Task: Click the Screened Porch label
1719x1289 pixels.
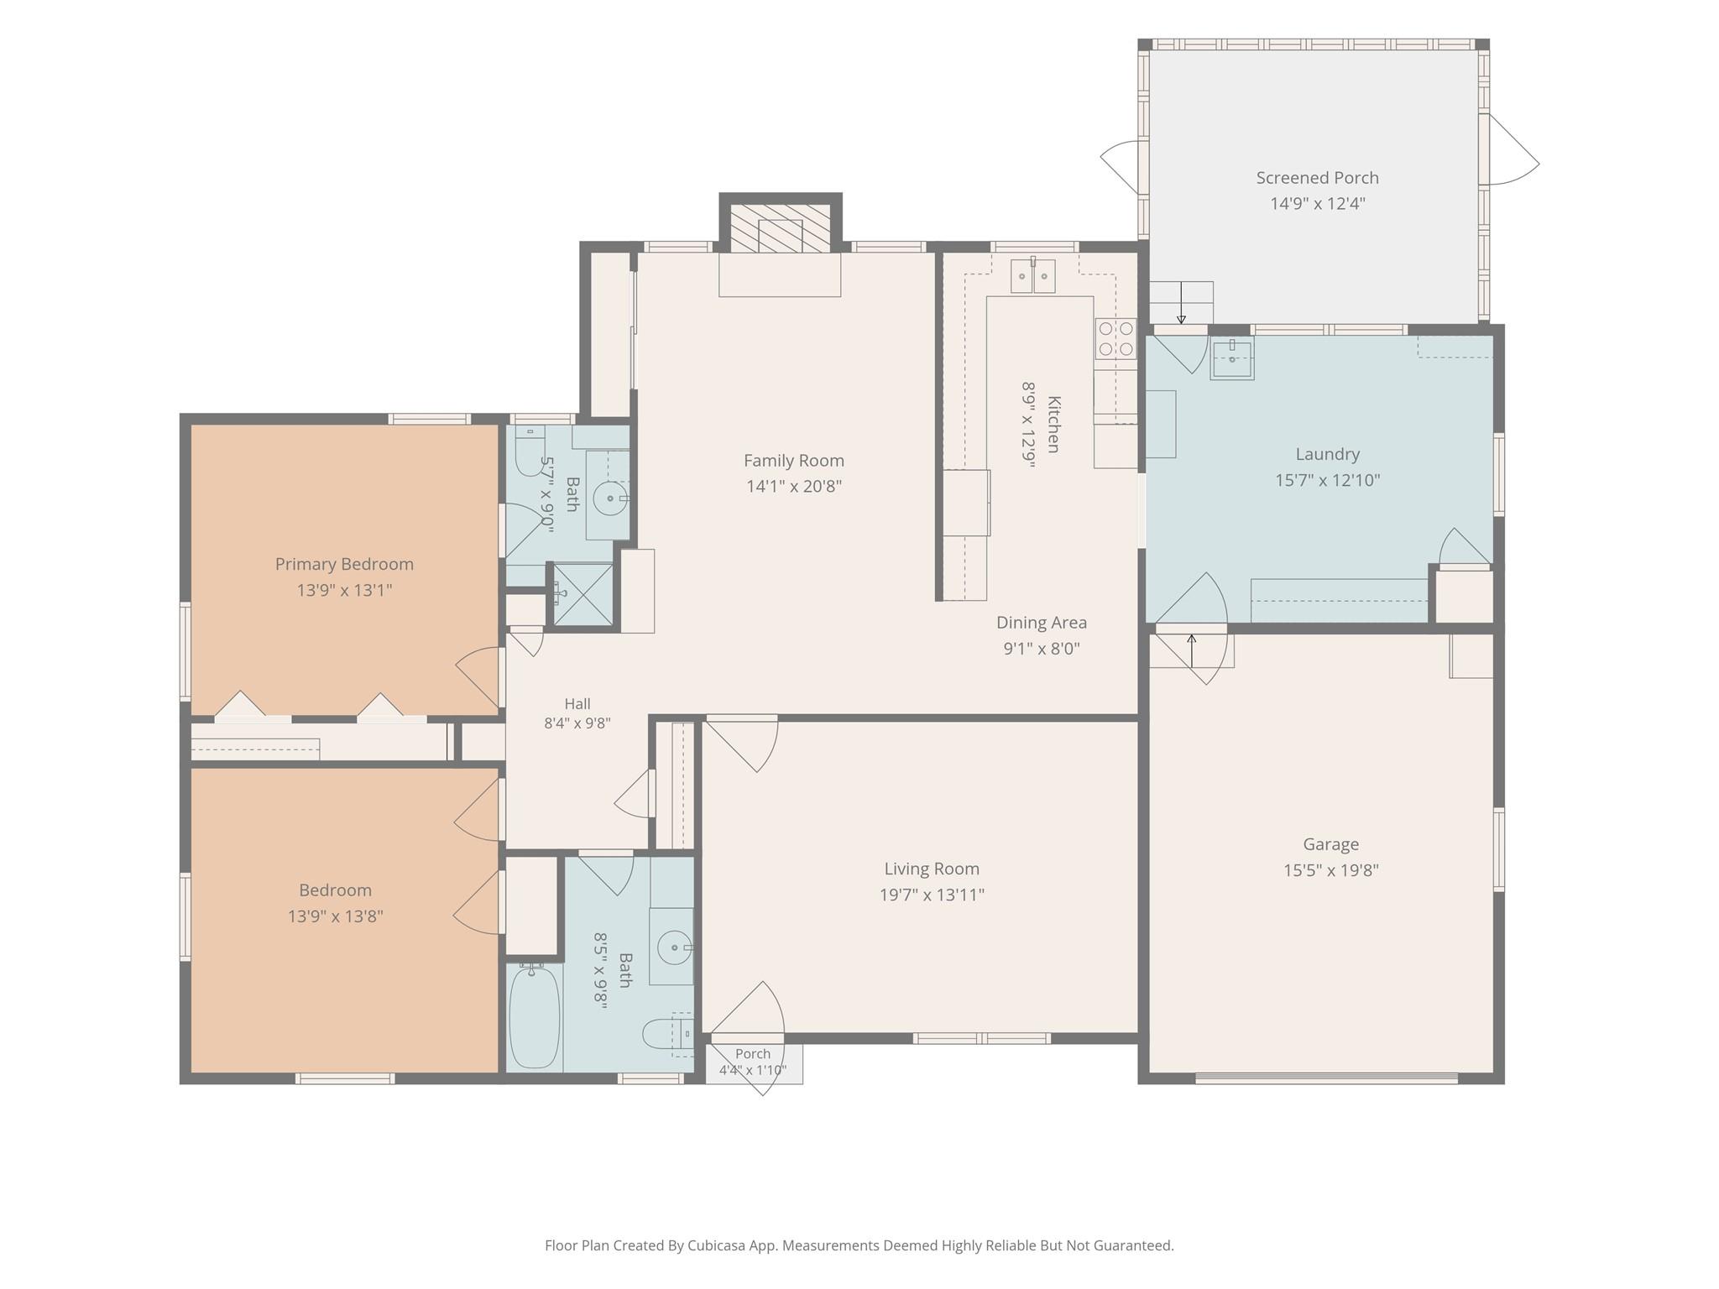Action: point(1317,178)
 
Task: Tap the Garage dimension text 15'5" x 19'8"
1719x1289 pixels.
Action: point(1330,870)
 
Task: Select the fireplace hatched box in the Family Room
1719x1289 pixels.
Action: point(780,227)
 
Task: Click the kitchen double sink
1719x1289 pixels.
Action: point(1032,276)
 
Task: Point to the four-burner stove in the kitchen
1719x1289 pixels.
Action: point(1116,338)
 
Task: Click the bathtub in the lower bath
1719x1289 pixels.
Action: point(535,1016)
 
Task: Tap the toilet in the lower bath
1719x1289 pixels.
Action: point(667,1034)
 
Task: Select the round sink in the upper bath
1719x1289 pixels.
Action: point(610,498)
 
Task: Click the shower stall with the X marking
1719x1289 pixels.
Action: point(583,594)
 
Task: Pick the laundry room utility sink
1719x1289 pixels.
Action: point(1231,358)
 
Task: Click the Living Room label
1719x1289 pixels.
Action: point(932,869)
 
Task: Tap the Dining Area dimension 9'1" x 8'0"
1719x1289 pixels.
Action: point(1042,648)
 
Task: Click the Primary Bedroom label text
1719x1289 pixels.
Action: point(344,564)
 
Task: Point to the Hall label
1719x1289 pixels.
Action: point(577,704)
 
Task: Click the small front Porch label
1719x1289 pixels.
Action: point(753,1054)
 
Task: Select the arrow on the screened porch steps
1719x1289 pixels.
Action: point(1182,303)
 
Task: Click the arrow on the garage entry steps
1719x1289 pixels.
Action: point(1191,651)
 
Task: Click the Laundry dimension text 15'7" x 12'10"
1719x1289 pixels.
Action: point(1328,480)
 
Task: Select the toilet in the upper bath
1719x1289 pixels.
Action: point(530,451)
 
